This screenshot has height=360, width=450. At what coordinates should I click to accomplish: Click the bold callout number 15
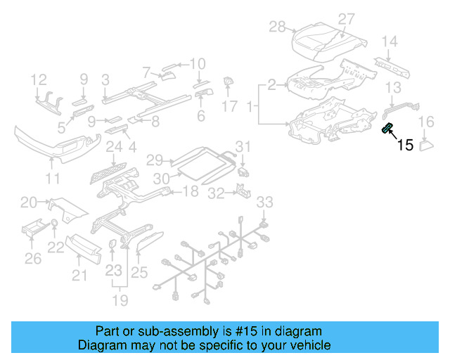point(406,146)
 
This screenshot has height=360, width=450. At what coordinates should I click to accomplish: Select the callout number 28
point(278,27)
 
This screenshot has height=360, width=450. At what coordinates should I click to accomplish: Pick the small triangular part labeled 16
point(427,146)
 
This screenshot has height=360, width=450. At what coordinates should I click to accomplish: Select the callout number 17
point(230,106)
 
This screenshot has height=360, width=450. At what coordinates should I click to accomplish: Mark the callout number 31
point(242,146)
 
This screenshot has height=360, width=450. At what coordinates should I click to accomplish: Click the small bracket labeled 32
point(242,191)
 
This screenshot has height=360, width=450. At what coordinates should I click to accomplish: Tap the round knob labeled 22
point(54,225)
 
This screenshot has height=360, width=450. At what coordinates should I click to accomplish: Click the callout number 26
point(33,259)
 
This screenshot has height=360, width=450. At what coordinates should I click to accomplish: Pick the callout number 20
point(29,202)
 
